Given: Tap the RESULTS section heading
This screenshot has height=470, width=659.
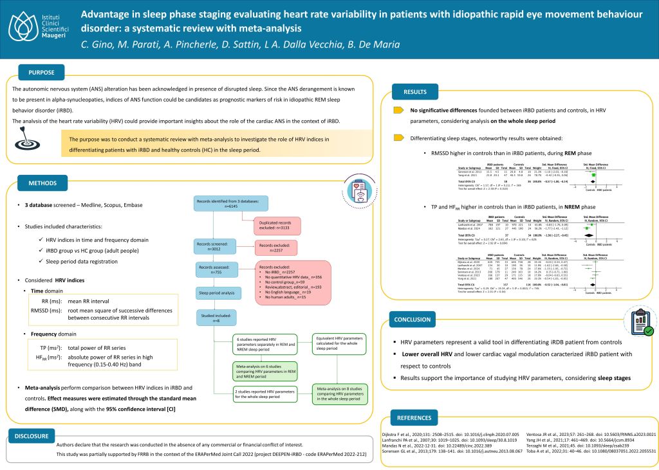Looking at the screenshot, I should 414,92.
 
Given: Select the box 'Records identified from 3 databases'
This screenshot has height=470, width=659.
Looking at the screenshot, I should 231,204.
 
